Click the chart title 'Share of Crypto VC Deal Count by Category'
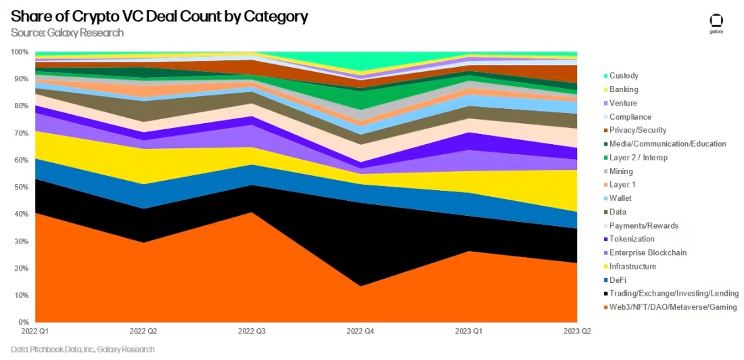(x=160, y=17)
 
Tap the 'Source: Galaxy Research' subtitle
(x=68, y=32)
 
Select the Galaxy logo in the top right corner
(x=716, y=24)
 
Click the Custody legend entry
(x=624, y=76)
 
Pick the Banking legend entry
(x=624, y=89)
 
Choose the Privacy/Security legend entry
(x=638, y=130)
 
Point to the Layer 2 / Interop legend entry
(x=638, y=158)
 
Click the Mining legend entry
(x=621, y=171)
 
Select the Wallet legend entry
(x=621, y=198)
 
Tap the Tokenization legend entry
(x=631, y=239)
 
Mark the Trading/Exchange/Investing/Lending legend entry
(x=674, y=294)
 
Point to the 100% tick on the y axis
(x=20, y=52)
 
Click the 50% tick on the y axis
(x=21, y=187)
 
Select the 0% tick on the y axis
(x=23, y=322)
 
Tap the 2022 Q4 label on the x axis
(x=361, y=332)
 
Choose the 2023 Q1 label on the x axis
(x=469, y=332)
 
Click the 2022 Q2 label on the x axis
(x=143, y=332)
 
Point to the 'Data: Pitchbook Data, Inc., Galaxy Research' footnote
(x=83, y=349)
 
